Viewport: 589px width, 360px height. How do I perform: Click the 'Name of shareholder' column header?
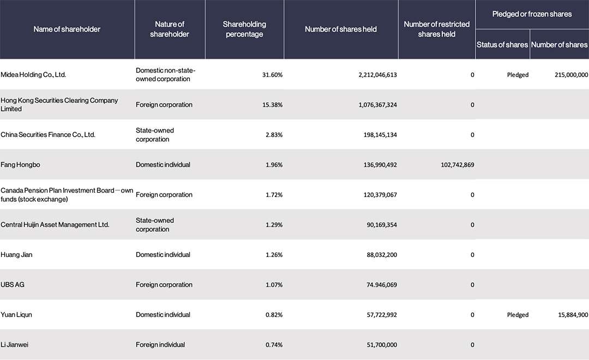click(67, 29)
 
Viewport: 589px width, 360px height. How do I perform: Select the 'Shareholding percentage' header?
click(244, 29)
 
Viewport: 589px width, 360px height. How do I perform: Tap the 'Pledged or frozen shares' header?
click(532, 14)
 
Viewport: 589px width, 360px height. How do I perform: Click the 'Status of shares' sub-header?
click(502, 45)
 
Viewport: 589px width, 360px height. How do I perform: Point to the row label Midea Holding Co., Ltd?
click(33, 75)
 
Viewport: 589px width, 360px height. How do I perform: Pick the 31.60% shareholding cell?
click(272, 75)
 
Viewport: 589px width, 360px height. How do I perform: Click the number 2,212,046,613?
click(377, 75)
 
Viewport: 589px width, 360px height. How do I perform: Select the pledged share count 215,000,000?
click(572, 75)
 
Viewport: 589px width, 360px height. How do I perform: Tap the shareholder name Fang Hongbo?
click(20, 165)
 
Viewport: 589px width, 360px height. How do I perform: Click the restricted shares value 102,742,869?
click(458, 165)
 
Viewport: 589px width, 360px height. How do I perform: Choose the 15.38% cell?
click(272, 105)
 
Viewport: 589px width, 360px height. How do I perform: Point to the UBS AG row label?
click(13, 285)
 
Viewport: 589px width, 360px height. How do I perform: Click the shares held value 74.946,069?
click(382, 285)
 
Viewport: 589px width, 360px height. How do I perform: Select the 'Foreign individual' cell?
click(160, 345)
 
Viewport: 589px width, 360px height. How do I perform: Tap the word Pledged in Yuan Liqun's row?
click(518, 315)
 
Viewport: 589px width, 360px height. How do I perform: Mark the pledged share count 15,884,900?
click(573, 315)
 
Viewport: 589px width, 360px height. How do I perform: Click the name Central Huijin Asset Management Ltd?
click(55, 225)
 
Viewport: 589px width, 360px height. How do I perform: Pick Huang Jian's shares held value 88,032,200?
click(382, 255)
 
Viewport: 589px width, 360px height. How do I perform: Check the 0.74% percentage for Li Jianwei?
click(274, 345)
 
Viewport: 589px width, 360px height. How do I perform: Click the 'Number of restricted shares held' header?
click(436, 29)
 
